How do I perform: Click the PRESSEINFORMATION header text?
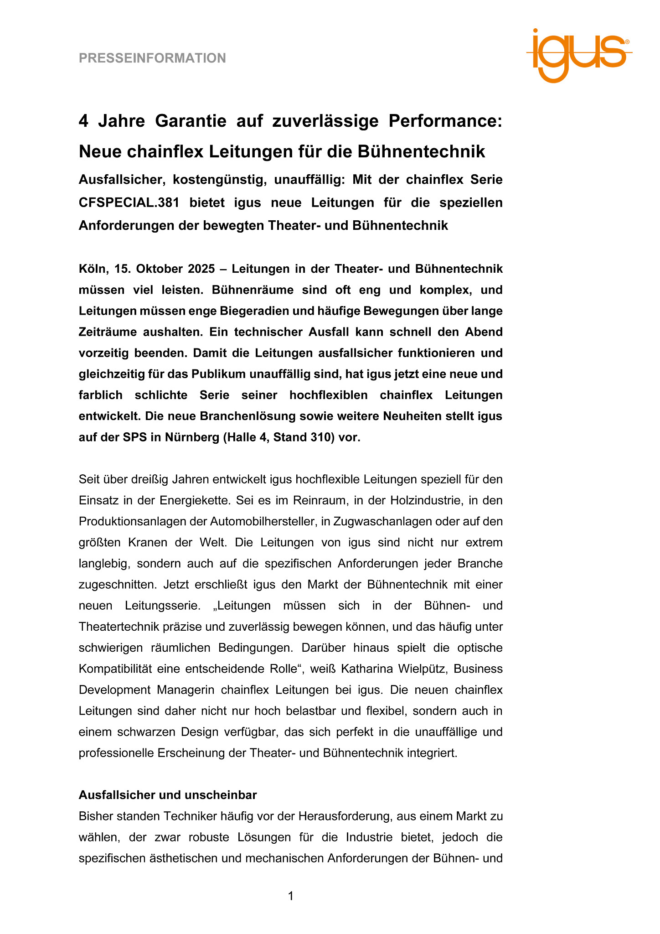(x=152, y=58)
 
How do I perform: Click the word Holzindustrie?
(x=426, y=500)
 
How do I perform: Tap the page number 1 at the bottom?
(x=291, y=896)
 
